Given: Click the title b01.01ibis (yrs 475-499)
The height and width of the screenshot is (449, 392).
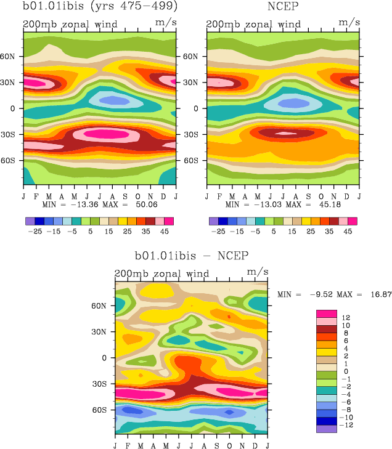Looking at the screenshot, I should pos(100,7).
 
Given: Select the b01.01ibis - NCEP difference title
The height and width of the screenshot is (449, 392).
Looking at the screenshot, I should pos(192,255).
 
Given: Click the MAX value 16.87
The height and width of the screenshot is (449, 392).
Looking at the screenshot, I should pos(377,294).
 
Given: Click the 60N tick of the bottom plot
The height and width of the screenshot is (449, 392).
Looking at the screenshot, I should pos(105,305).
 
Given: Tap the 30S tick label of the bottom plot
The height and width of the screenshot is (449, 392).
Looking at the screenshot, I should pos(105,383).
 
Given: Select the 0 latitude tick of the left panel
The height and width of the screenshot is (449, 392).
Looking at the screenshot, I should pos(16,108).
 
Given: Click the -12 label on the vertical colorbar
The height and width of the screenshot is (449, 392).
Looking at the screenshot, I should pos(346,425).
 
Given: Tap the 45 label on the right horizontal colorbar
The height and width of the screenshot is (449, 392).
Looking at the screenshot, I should pos(348,232).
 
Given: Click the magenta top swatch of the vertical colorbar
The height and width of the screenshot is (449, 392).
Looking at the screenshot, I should pos(326,314).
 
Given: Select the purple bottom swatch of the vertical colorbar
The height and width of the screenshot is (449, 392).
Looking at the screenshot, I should pos(326,429).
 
